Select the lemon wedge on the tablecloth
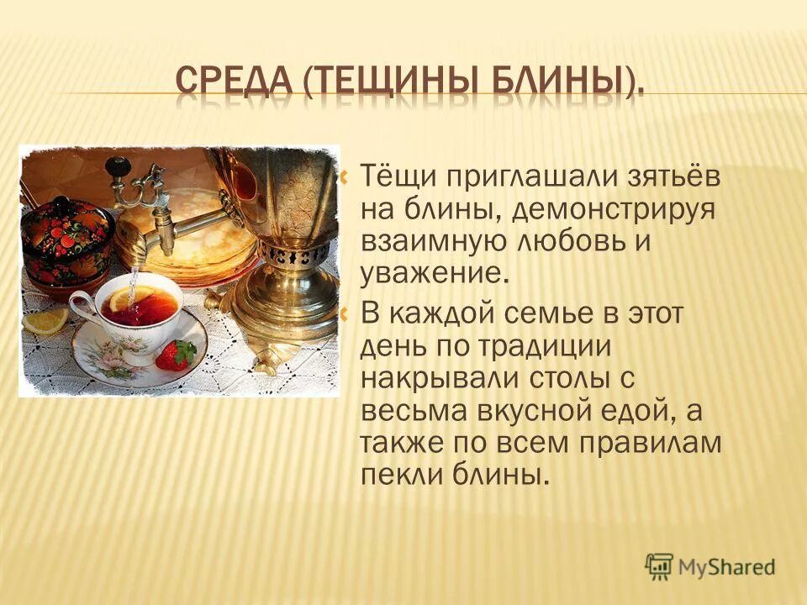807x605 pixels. [x=45, y=319]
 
